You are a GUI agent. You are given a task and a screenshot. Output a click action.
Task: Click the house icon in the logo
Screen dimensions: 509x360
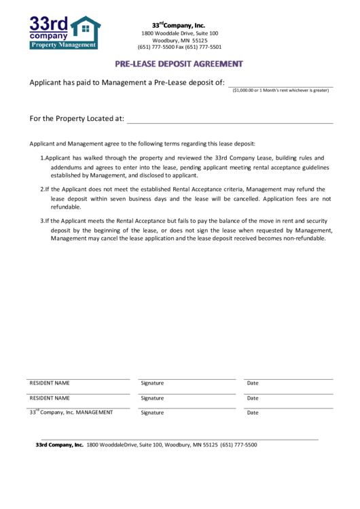click(x=86, y=29)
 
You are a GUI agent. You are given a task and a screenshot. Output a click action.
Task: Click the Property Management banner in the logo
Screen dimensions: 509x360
click(x=64, y=45)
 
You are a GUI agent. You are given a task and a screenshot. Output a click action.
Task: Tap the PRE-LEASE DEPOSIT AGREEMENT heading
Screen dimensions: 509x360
click(x=179, y=64)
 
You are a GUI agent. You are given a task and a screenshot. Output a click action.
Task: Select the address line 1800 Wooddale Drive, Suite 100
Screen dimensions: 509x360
click(x=179, y=33)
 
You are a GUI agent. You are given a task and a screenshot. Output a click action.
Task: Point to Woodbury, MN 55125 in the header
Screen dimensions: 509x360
click(x=179, y=40)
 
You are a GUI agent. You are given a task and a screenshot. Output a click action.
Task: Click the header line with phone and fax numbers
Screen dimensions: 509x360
click(x=179, y=48)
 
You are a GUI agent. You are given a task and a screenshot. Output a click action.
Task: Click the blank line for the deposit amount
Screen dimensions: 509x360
click(x=280, y=83)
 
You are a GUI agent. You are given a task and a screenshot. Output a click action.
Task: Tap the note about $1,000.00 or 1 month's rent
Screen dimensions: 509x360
click(x=281, y=90)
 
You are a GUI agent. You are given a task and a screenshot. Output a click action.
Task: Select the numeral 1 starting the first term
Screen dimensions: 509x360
click(x=42, y=158)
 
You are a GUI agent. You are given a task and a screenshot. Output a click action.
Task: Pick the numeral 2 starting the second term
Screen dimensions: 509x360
click(x=42, y=189)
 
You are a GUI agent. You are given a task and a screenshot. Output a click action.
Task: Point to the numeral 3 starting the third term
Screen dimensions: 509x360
click(x=42, y=222)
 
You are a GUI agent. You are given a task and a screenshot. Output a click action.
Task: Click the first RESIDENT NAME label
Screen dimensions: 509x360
click(x=50, y=383)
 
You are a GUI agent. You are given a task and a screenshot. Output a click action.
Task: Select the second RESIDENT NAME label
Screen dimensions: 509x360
click(x=50, y=398)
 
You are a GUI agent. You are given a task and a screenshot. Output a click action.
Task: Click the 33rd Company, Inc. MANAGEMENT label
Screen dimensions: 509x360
click(x=71, y=413)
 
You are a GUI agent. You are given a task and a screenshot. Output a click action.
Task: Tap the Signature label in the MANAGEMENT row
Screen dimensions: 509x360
click(x=152, y=413)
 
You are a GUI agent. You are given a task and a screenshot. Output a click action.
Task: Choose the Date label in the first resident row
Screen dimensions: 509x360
click(x=253, y=383)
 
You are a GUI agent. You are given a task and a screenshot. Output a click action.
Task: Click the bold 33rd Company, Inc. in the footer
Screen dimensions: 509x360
click(x=59, y=444)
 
